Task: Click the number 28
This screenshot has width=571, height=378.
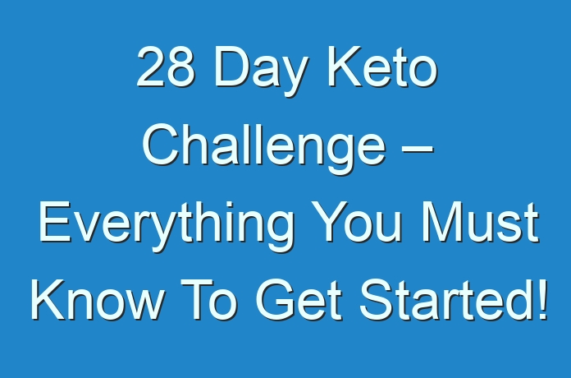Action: point(166,67)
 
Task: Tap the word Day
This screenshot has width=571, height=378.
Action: point(258,71)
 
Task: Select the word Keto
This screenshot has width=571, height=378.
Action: point(382,67)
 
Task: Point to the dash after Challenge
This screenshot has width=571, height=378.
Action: point(418,150)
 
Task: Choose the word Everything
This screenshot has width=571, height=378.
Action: point(167,226)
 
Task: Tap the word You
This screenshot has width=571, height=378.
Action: point(358,222)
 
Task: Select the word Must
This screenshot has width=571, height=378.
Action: point(480,222)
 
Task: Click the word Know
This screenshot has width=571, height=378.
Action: point(97,300)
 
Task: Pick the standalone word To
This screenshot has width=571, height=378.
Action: point(208,300)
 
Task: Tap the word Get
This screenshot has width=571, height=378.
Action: point(299,300)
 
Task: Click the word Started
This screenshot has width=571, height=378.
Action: point(445,300)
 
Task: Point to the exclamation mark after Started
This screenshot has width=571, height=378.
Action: point(543,300)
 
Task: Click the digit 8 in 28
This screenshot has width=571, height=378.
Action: point(180,67)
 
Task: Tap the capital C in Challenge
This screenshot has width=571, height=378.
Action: point(160,145)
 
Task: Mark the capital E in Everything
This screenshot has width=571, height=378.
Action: point(54,222)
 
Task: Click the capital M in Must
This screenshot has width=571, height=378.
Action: point(441,222)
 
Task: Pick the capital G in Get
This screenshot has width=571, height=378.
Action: point(276,300)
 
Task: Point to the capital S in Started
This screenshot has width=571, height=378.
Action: point(377,300)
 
